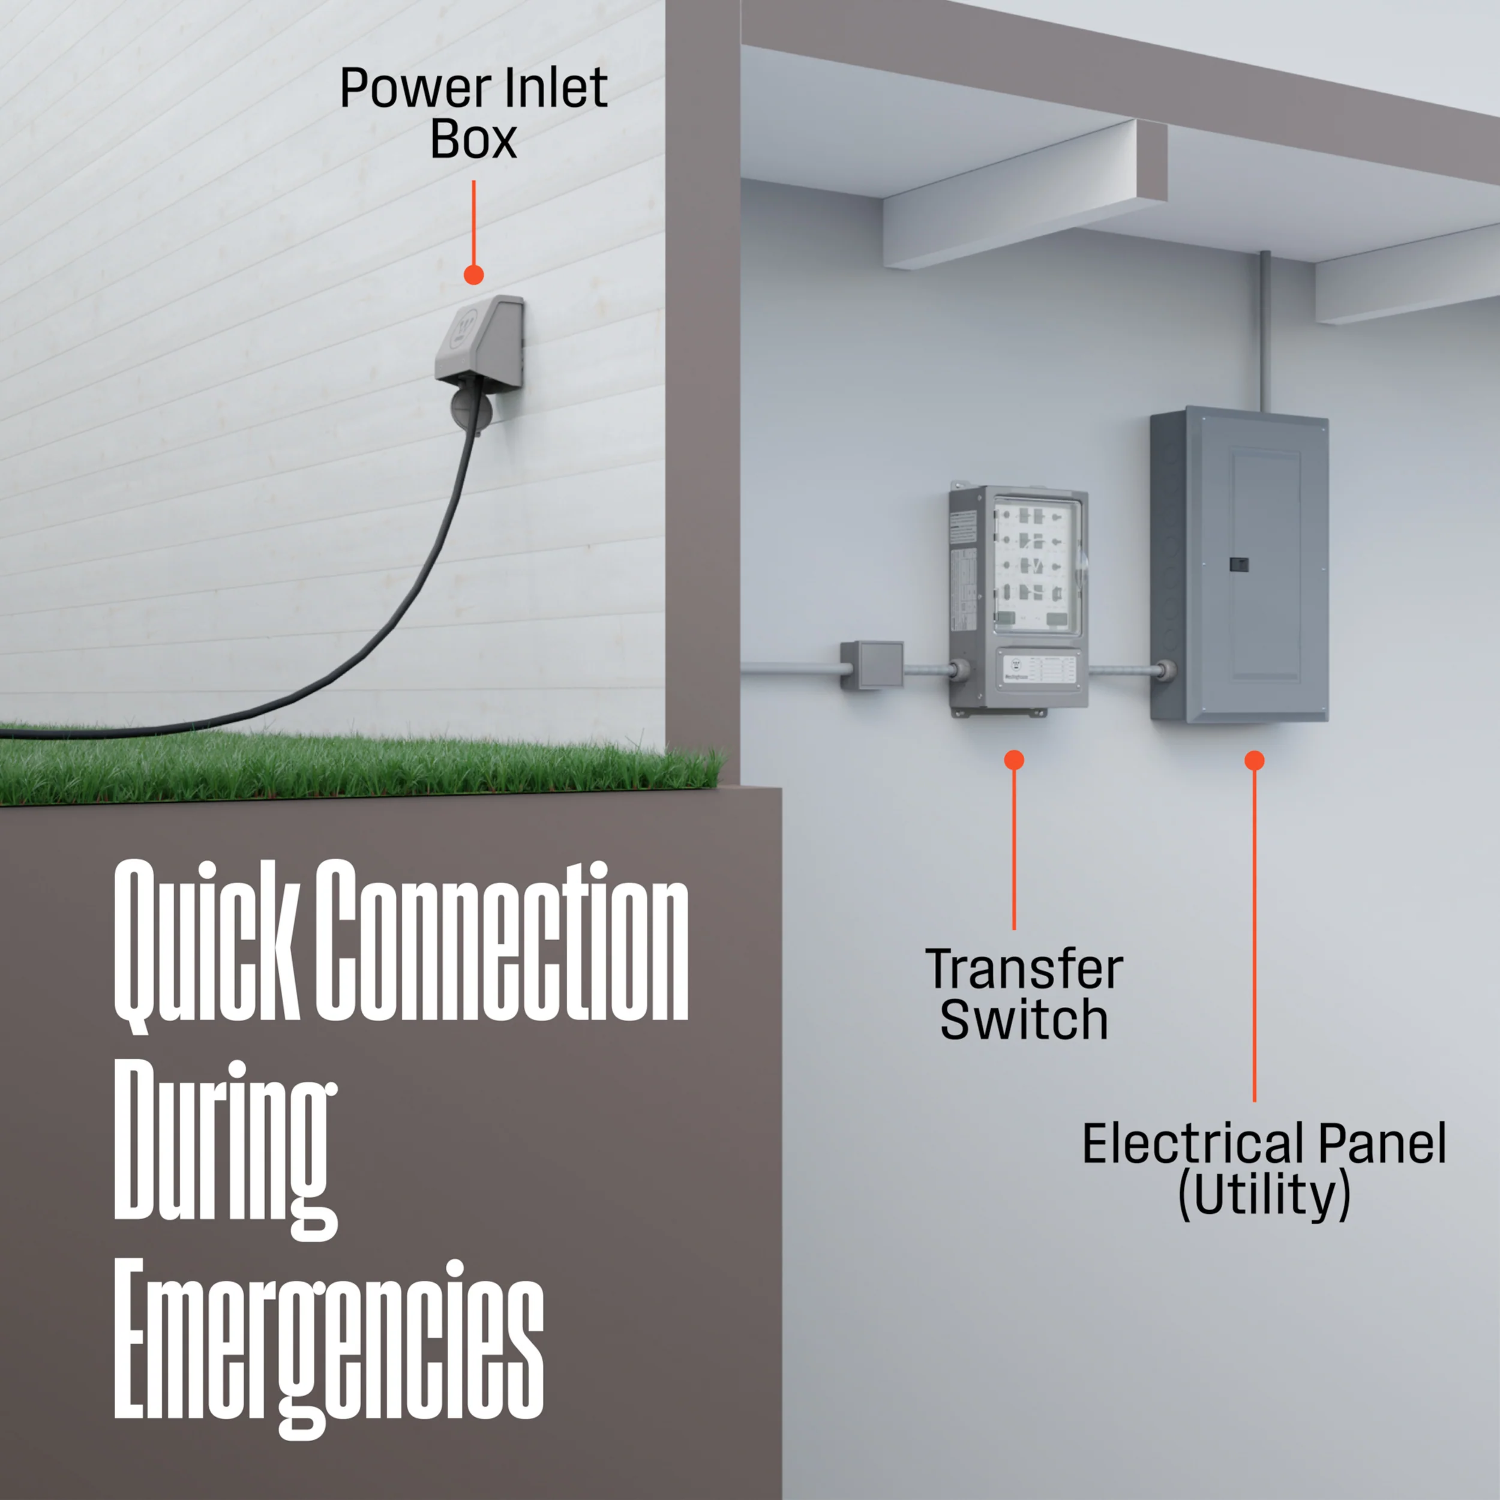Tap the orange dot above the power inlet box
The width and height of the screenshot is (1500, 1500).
coord(473,275)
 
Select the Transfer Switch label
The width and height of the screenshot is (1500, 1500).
coord(1023,995)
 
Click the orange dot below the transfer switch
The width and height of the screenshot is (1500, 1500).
coord(1014,760)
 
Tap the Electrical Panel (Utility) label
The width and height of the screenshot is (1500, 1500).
coord(1264,1170)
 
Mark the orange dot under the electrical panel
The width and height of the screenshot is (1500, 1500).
coord(1255,761)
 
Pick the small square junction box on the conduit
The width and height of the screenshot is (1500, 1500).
coord(872,664)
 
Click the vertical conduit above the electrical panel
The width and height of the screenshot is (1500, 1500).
coord(1264,330)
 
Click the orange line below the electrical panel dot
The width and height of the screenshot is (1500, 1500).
coord(1255,932)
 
